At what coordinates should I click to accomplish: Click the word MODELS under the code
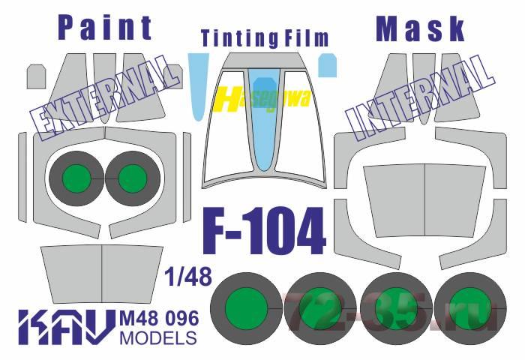click(x=157, y=337)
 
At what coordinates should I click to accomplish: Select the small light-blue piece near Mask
click(x=328, y=65)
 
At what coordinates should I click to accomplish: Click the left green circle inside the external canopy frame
click(x=76, y=178)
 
